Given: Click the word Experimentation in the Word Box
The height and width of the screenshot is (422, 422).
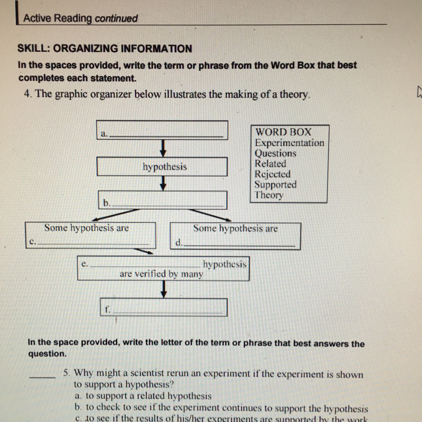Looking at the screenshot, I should tap(289, 143).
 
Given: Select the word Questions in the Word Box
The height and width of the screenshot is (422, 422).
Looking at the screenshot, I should tap(275, 153).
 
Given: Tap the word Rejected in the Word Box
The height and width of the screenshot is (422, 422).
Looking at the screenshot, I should tap(272, 174).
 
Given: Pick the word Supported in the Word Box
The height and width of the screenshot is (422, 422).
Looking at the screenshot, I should tap(275, 184).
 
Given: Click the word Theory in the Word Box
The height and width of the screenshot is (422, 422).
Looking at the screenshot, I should tap(269, 195).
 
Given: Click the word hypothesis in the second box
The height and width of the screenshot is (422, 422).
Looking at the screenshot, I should tap(165, 167).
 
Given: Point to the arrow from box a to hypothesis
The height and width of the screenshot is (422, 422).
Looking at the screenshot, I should tap(163, 148).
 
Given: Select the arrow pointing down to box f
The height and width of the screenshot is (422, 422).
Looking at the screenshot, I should tap(164, 289).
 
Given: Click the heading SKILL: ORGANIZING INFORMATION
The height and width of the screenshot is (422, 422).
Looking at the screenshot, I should tap(105, 49).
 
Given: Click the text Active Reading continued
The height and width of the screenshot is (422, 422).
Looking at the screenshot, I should tap(81, 18).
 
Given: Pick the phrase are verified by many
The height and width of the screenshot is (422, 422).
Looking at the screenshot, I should tap(161, 274).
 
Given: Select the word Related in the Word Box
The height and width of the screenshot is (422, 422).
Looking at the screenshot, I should tap(270, 164).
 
